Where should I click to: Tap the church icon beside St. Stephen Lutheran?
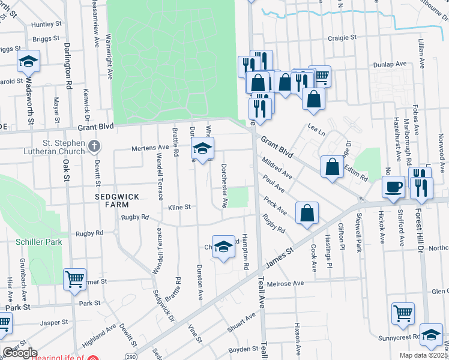tap(94, 146)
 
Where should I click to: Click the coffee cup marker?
tap(394, 187)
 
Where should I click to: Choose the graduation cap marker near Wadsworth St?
tap(28, 62)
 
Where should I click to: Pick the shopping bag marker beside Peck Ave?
tap(307, 213)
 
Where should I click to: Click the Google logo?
tap(19, 353)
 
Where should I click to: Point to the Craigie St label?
tap(342, 37)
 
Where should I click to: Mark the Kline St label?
tap(179, 207)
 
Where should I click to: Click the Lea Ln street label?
tap(316, 127)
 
